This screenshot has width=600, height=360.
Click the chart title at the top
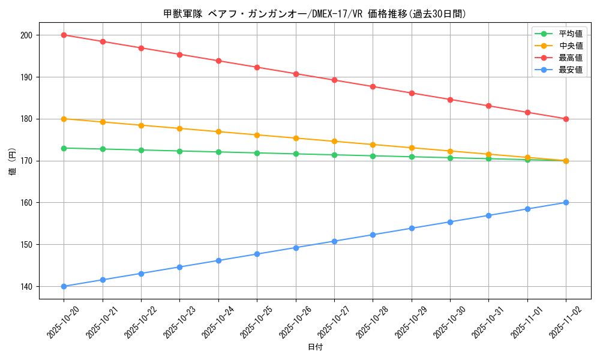click(314, 14)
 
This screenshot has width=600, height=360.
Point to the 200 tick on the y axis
click(27, 35)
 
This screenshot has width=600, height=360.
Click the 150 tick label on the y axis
click(27, 245)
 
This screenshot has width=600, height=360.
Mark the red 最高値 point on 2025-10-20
click(64, 35)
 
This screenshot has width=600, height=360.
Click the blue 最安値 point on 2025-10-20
click(64, 286)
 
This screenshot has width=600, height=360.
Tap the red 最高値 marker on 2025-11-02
click(566, 119)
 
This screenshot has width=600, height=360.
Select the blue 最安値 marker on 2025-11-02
click(566, 202)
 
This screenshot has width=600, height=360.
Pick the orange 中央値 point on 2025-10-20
click(64, 119)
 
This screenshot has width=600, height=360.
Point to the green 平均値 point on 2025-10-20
click(64, 148)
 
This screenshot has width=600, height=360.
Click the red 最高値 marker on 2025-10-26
click(296, 74)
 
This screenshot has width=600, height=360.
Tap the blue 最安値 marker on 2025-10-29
click(412, 228)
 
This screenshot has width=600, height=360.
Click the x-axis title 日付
click(315, 347)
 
